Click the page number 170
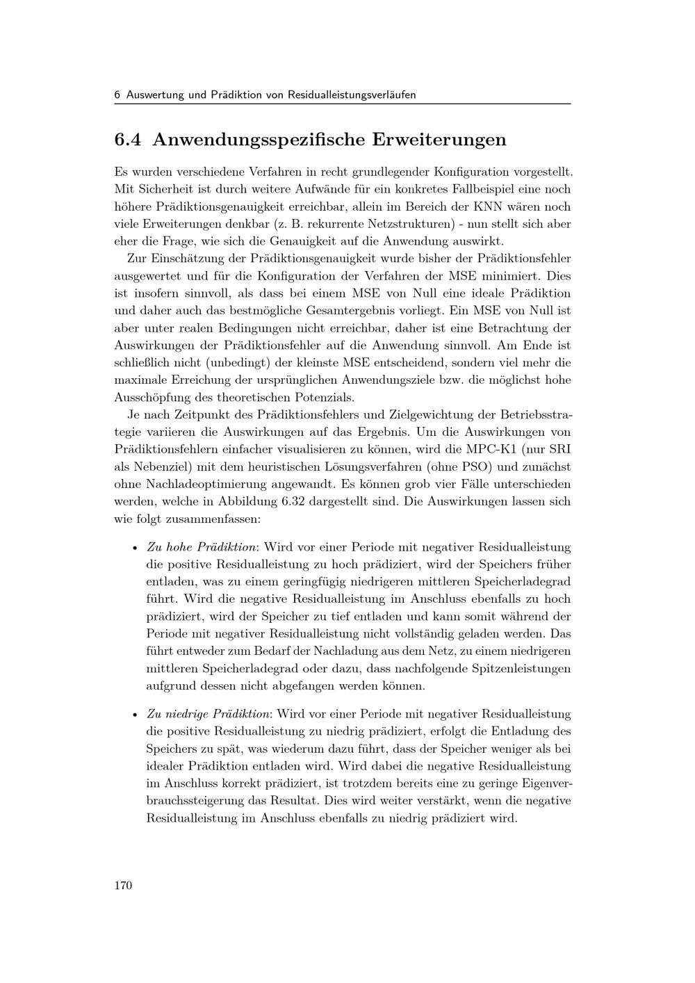coord(123,885)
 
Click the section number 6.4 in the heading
coord(128,140)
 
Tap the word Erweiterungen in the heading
coord(439,140)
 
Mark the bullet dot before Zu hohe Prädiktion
coord(135,548)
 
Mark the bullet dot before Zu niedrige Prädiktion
coord(135,715)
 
